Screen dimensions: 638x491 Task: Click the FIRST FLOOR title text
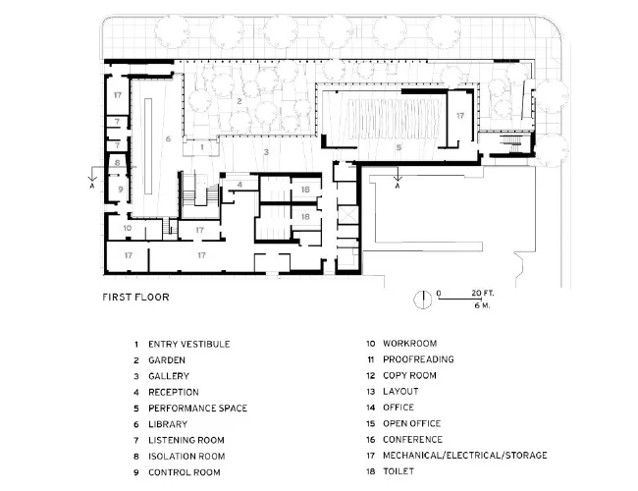(x=135, y=298)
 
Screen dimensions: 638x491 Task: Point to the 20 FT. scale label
(x=483, y=293)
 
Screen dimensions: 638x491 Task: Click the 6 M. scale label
(x=482, y=305)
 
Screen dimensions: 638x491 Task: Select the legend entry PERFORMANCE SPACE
(x=197, y=408)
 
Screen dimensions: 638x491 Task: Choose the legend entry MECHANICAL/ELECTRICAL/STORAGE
(x=464, y=456)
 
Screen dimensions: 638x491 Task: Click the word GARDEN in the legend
(x=167, y=360)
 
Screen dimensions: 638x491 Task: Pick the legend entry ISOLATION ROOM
(x=186, y=457)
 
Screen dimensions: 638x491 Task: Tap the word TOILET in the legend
(x=399, y=471)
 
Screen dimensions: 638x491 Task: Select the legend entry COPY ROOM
(x=409, y=375)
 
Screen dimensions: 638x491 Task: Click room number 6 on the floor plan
(x=168, y=138)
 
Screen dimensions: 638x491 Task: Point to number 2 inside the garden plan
(x=239, y=101)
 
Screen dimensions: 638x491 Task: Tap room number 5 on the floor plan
(x=399, y=147)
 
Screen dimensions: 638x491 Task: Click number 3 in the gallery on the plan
(x=266, y=152)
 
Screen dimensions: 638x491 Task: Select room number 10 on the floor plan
(x=128, y=228)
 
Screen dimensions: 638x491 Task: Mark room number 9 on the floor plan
(x=121, y=190)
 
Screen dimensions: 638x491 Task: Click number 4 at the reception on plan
(x=239, y=185)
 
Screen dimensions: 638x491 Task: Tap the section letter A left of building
(x=92, y=186)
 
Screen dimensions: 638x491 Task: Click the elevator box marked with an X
(x=347, y=214)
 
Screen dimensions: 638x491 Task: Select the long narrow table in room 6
(x=148, y=146)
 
